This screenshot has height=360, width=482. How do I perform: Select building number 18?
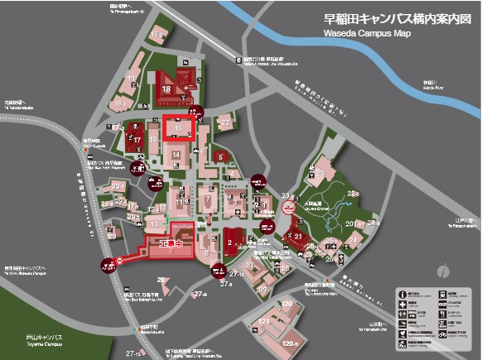click(x=167, y=89)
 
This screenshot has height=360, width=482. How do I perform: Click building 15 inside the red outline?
click(x=176, y=128)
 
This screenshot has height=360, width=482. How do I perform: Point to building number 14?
click(x=176, y=154)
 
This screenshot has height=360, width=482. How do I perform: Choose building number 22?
click(x=226, y=123)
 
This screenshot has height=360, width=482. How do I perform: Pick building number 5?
click(x=220, y=156)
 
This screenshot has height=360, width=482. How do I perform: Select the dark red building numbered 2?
click(x=228, y=242)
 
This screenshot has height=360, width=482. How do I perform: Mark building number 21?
click(x=299, y=236)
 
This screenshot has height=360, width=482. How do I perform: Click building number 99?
click(x=263, y=289)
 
